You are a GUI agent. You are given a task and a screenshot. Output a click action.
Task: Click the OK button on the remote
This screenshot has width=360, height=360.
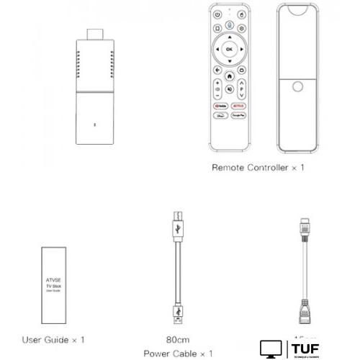[230, 49]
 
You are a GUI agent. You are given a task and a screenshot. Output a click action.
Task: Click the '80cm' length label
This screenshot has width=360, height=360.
[179, 338]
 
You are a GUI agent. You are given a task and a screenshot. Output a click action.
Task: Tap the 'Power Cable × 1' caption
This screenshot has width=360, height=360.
[179, 353]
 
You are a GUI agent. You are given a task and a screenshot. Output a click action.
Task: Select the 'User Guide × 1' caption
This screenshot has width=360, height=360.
[54, 338]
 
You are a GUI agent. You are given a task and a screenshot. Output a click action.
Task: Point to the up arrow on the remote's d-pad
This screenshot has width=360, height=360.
[230, 36]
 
